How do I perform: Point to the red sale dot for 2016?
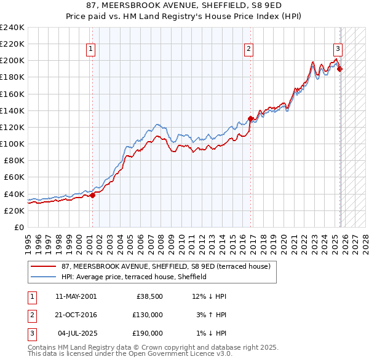tap(250, 118)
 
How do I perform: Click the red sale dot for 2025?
tap(340, 69)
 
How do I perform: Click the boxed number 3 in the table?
tap(31, 333)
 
